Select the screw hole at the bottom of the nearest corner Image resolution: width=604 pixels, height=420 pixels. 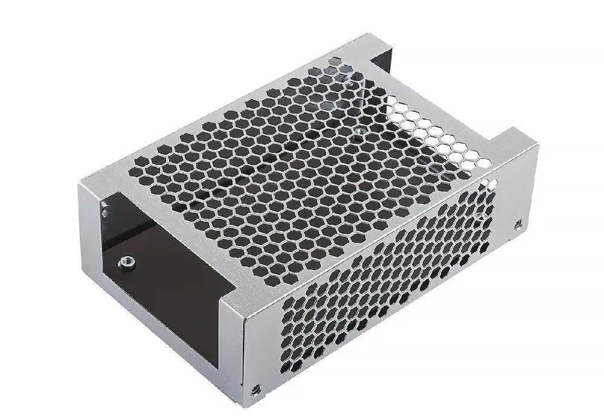(257, 391)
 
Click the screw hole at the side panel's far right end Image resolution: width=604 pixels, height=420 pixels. (517, 225)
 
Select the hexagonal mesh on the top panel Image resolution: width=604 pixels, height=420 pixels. (290, 163)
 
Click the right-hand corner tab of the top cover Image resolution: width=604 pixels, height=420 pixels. (513, 145)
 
